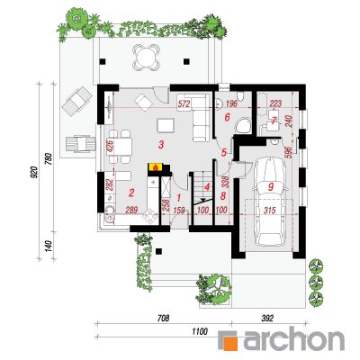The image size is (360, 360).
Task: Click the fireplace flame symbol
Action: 155,167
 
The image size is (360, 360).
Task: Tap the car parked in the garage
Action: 269,202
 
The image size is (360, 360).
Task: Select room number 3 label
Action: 161,145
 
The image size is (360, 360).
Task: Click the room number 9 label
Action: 271,187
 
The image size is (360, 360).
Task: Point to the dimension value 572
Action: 184,104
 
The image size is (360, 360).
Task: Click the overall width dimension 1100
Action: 201,331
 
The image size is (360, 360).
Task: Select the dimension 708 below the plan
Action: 163,318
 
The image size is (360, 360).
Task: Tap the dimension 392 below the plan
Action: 267,318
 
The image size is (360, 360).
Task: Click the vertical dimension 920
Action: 35,172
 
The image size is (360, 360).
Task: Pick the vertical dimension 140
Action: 50,246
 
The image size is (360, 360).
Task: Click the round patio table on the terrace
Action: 145,57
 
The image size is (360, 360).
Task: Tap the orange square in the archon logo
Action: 231,341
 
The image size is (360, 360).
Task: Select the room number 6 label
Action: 227,117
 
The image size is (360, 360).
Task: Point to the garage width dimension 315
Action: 269,210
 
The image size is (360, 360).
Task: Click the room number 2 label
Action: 131,193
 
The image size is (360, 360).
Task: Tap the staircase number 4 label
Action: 207,187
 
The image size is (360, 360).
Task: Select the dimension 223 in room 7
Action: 275,103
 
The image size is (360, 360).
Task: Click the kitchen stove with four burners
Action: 150,216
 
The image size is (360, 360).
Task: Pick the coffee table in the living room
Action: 166,125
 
